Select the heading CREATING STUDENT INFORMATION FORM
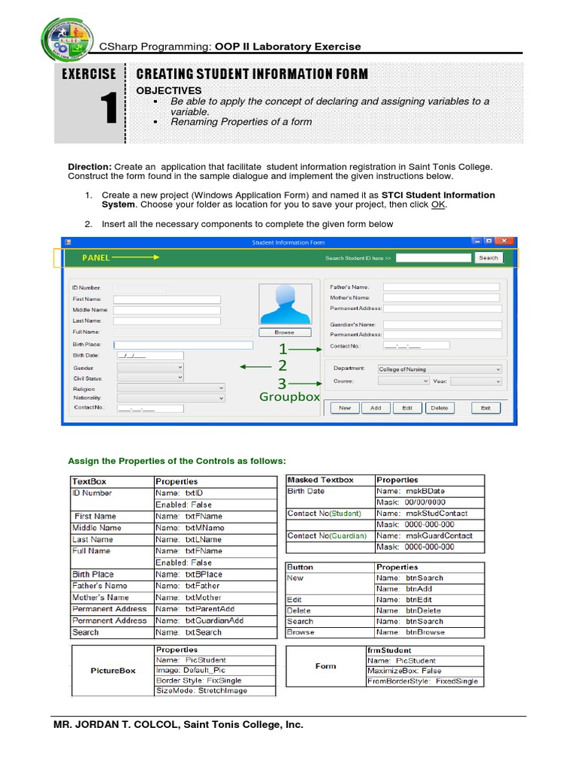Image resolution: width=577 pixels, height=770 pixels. pos(252,74)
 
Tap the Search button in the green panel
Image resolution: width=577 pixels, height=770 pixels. pos(488,258)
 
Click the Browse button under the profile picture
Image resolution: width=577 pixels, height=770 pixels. pos(285,332)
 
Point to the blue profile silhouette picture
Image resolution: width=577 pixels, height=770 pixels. pos(285,304)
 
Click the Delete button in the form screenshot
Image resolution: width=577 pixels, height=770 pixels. pos(439,408)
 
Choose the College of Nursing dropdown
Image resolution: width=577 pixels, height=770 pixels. pos(440,369)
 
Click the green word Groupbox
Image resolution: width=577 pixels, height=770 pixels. pos(290,396)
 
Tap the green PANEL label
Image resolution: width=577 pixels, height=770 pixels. pos(96,257)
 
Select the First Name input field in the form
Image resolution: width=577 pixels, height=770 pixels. pos(167,299)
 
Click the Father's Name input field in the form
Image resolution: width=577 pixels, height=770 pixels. pos(441,286)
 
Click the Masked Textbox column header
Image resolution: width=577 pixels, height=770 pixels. pos(321,480)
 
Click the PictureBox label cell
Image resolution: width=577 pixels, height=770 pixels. pos(113,670)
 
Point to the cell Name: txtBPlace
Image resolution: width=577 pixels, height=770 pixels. pos(189,574)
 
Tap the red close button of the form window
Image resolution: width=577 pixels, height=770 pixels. pos(506,241)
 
